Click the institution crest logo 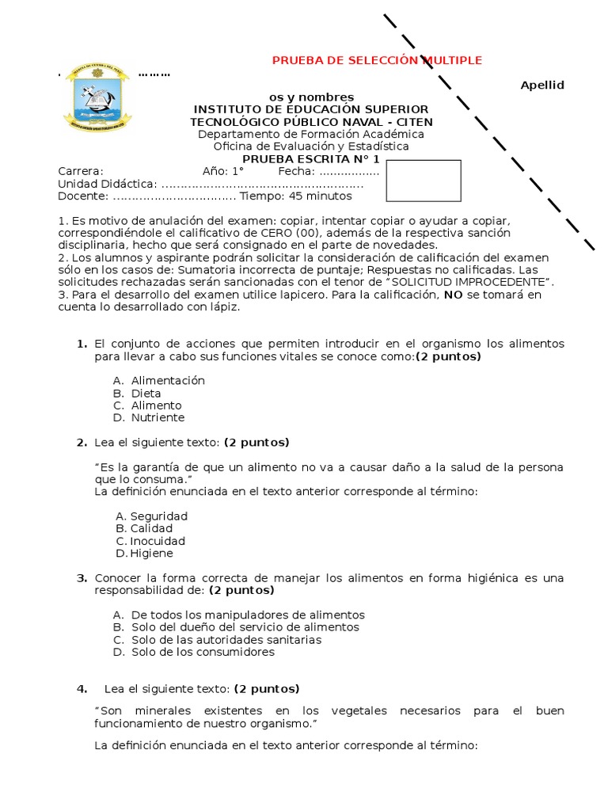tap(97, 99)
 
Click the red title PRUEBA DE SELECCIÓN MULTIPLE tap(377, 61)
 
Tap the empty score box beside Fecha tap(424, 181)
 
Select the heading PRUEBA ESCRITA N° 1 tap(311, 158)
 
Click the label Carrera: tap(81, 171)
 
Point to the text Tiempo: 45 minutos tap(296, 196)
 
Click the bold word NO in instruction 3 tap(453, 295)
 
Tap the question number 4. tap(82, 688)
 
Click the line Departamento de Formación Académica tap(311, 134)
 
